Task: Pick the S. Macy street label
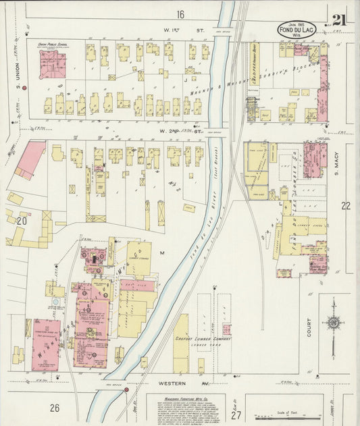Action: click(x=338, y=165)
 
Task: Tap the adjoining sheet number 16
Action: click(x=180, y=14)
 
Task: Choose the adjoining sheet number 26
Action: click(x=54, y=407)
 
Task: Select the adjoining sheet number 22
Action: click(x=346, y=205)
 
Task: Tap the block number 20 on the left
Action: click(x=21, y=220)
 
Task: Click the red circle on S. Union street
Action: click(x=24, y=88)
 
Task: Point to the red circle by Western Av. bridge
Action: click(x=126, y=390)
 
